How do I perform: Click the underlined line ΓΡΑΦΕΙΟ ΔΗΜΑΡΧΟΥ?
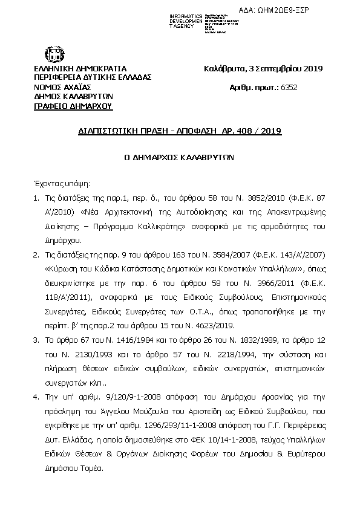pos(73,106)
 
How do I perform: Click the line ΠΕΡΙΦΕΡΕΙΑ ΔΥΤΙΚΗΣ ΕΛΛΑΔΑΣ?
pos(93,77)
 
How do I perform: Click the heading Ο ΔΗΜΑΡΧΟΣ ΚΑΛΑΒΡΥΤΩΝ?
pos(179,155)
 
